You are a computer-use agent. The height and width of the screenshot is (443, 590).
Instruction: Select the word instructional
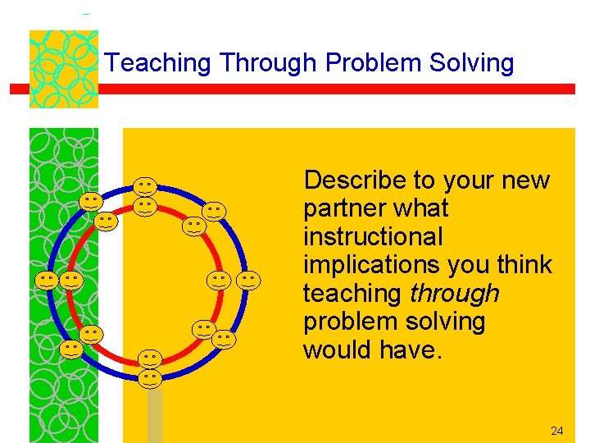[373, 237]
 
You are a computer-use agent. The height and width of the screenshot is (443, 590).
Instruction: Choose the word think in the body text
[520, 265]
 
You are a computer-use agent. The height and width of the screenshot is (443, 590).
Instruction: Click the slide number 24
[557, 431]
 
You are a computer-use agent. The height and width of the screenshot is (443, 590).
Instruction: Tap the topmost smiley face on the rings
[146, 187]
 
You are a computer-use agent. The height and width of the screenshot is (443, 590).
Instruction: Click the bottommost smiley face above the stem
[149, 378]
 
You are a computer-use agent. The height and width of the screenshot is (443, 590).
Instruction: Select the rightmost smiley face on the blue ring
[249, 281]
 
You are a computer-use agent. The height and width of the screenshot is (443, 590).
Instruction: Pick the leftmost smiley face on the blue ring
[47, 281]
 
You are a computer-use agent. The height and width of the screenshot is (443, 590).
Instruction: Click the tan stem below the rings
[154, 415]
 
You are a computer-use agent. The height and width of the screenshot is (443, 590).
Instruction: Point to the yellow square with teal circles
[63, 69]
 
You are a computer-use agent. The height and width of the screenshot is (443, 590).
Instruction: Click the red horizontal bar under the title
[328, 89]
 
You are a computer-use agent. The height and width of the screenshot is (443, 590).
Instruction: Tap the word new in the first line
[522, 180]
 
